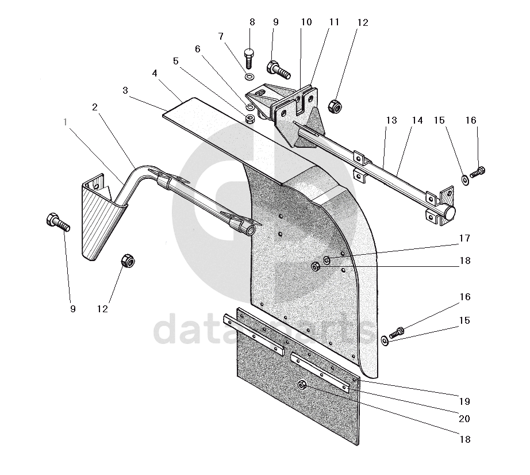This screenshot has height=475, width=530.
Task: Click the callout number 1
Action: click(x=66, y=122)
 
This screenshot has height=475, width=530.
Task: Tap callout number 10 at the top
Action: click(x=306, y=22)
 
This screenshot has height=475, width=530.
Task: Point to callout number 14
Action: click(x=417, y=121)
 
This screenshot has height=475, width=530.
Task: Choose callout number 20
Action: click(x=464, y=419)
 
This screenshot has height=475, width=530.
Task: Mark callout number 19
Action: click(x=464, y=401)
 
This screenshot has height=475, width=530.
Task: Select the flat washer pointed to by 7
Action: click(x=249, y=77)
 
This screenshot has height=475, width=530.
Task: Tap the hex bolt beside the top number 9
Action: click(x=279, y=70)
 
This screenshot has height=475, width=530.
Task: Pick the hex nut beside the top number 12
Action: click(x=334, y=106)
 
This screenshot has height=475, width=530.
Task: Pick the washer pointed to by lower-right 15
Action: click(x=385, y=342)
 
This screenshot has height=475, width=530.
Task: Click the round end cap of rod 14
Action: click(x=449, y=212)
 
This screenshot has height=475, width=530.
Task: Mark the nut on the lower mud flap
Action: click(x=302, y=385)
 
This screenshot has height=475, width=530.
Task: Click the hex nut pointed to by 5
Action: click(x=251, y=119)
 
